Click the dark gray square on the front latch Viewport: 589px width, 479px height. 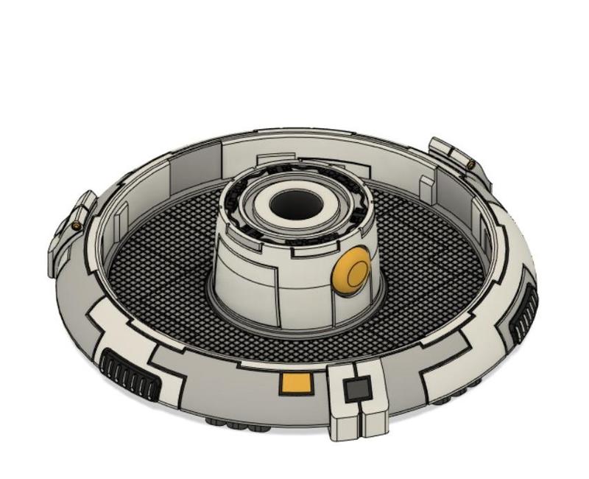pyautogui.click(x=359, y=389)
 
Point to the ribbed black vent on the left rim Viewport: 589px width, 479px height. pyautogui.click(x=130, y=374)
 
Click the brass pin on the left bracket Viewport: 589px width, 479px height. pyautogui.click(x=76, y=225)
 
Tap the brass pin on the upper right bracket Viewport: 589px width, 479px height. pyautogui.click(x=469, y=164)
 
